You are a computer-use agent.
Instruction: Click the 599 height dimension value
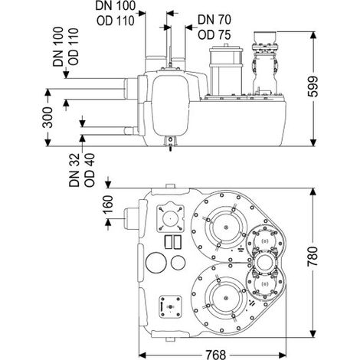click(x=313, y=87)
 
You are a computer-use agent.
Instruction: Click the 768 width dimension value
click(x=216, y=355)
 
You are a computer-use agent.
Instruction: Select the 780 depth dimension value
click(x=313, y=257)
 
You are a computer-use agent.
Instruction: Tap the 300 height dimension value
click(x=47, y=117)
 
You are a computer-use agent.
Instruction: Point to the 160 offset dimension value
click(x=109, y=205)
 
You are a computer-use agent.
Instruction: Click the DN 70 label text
click(x=214, y=20)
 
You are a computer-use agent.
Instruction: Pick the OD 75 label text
click(x=214, y=35)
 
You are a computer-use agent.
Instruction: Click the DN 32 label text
click(x=74, y=170)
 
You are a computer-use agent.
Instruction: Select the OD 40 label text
click(x=90, y=170)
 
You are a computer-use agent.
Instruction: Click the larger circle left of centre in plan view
click(x=156, y=263)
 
